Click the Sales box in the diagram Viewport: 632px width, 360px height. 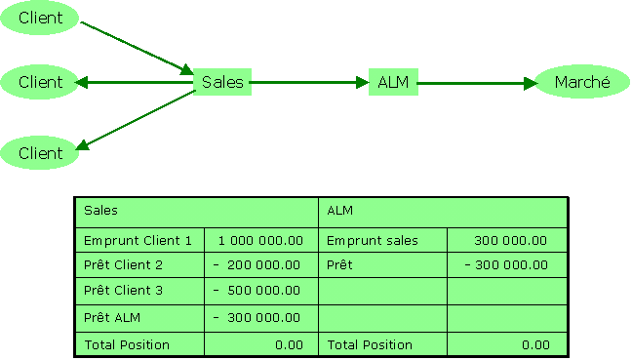[222, 83]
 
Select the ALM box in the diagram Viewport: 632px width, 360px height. [393, 83]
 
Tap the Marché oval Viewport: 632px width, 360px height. [581, 83]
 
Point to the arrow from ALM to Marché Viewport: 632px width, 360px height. [478, 83]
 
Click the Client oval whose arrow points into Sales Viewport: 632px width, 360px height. [40, 18]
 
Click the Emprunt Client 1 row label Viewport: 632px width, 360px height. [138, 240]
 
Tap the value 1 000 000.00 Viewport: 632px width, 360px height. [259, 240]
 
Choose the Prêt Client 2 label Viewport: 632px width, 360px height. [123, 265]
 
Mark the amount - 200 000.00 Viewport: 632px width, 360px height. [257, 265]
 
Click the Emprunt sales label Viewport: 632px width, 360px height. [373, 240]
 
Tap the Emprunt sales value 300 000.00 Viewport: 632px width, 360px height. [509, 240]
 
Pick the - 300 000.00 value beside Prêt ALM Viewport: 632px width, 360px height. [257, 318]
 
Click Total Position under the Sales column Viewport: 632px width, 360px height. [127, 344]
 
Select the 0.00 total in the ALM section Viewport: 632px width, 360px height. [535, 344]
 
